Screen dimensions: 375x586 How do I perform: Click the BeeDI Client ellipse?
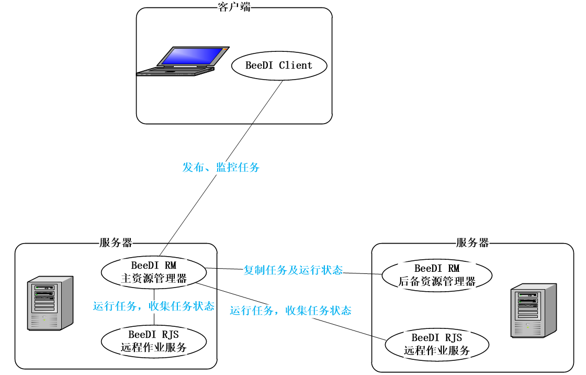279,66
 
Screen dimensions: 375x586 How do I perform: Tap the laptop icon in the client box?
182,62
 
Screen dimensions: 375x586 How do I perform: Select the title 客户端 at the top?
234,7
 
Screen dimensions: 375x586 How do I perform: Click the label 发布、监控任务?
221,168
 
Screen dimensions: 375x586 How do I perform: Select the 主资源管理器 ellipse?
153,272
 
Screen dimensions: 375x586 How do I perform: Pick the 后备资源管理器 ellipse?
437,275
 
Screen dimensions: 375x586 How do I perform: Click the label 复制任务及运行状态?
293,270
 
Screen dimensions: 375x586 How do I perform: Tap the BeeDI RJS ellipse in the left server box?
153,341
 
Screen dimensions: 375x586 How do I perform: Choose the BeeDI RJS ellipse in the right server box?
437,345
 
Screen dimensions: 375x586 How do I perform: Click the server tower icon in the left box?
51,303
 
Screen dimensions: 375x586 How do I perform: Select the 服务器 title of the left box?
116,243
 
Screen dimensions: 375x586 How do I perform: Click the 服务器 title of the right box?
472,243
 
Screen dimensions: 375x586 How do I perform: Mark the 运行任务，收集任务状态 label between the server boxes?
290,311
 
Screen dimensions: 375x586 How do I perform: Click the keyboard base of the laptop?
175,72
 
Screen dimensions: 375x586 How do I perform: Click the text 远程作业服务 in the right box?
437,351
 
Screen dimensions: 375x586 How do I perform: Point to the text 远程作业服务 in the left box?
153,347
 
